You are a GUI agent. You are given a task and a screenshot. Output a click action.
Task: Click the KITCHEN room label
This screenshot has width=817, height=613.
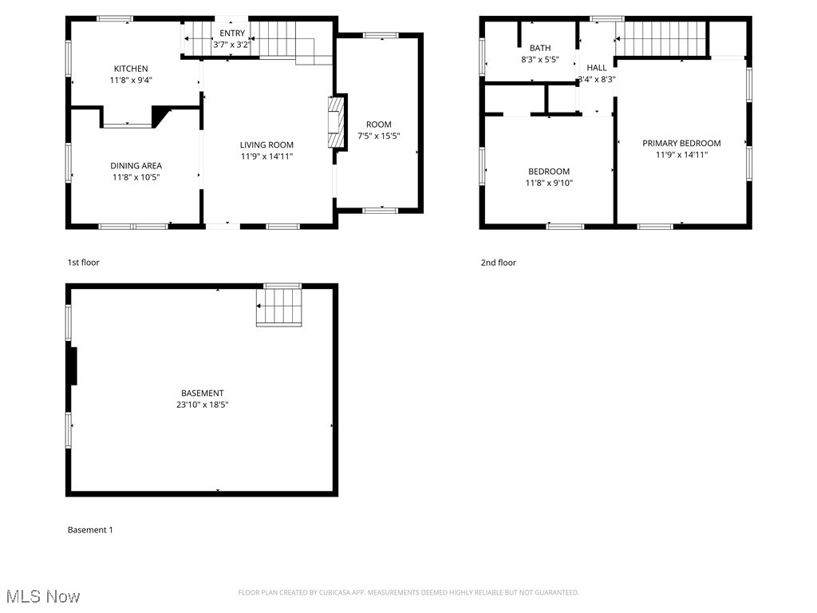pyautogui.click(x=131, y=69)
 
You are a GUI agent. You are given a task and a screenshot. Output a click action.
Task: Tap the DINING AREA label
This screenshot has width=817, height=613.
pyautogui.click(x=136, y=166)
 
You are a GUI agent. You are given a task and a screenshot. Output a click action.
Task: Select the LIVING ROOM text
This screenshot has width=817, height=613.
pyautogui.click(x=266, y=145)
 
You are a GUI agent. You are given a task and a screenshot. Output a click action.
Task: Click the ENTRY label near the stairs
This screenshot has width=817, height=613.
pyautogui.click(x=232, y=34)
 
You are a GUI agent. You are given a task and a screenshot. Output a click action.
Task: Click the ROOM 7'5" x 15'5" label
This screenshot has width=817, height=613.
pyautogui.click(x=379, y=125)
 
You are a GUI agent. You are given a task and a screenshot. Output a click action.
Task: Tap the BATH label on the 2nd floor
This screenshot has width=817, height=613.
pyautogui.click(x=540, y=49)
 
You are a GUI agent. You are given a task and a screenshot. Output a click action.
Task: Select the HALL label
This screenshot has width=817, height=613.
pyautogui.click(x=597, y=68)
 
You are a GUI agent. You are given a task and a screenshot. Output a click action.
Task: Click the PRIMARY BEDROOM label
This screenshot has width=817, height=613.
pyautogui.click(x=681, y=144)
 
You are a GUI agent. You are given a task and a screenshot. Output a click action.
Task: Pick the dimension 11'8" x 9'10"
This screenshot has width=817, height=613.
pyautogui.click(x=549, y=184)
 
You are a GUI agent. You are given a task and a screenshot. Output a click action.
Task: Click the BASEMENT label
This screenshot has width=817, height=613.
pyautogui.click(x=202, y=394)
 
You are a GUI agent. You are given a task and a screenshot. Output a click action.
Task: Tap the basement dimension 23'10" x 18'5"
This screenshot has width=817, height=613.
pyautogui.click(x=202, y=405)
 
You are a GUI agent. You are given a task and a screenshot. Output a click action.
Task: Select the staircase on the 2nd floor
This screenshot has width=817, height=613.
pyautogui.click(x=662, y=38)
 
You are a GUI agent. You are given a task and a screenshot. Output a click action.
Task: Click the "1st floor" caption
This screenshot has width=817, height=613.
pyautogui.click(x=84, y=263)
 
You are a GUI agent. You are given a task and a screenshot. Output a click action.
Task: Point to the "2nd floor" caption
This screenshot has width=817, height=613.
pyautogui.click(x=498, y=263)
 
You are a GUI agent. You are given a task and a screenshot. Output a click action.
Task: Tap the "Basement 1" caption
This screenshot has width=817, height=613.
pyautogui.click(x=90, y=530)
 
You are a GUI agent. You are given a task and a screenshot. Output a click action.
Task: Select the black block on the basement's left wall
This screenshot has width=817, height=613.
pyautogui.click(x=73, y=366)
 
